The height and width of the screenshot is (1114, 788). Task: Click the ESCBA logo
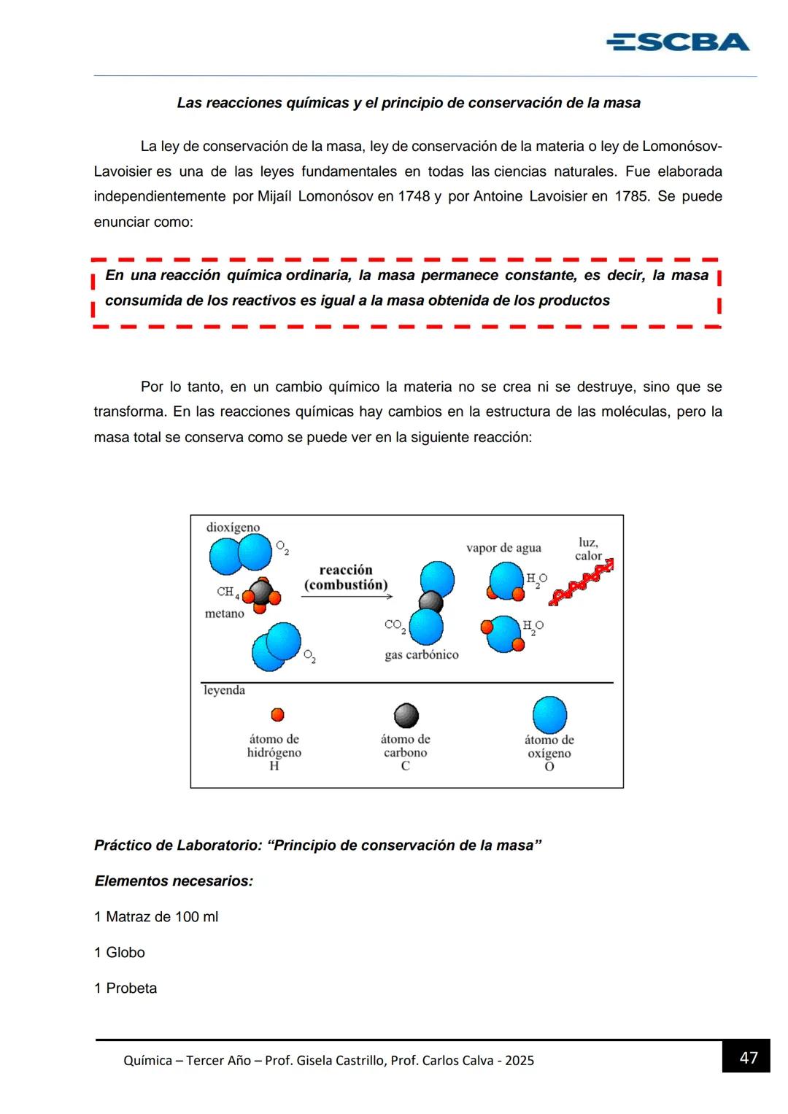click(677, 42)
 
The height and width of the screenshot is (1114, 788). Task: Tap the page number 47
click(748, 1057)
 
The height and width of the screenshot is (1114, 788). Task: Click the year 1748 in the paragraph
click(414, 196)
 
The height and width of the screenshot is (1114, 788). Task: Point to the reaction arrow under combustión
click(347, 596)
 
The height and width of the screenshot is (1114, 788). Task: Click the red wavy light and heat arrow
click(582, 583)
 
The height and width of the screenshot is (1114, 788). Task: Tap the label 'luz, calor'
click(588, 549)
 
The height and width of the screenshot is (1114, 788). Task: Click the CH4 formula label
click(227, 592)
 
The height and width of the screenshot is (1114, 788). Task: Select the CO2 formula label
click(394, 625)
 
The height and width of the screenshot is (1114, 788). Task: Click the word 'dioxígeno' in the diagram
click(233, 527)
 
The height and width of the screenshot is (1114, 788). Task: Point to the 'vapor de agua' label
click(503, 548)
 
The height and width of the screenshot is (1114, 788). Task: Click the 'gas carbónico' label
click(421, 654)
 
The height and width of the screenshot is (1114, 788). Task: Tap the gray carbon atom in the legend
click(406, 716)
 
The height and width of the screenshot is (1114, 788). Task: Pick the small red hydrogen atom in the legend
click(277, 715)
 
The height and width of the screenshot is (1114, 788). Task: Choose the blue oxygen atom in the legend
click(549, 714)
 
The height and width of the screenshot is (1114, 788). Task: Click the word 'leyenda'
click(224, 690)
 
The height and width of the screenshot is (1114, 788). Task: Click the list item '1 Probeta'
click(125, 988)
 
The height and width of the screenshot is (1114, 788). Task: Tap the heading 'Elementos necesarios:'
click(174, 881)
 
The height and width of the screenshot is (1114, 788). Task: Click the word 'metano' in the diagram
click(224, 614)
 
